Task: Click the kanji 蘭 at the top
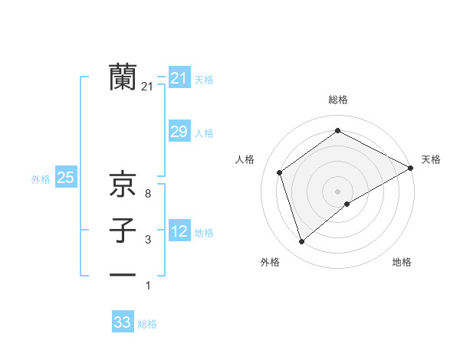pyautogui.click(x=123, y=77)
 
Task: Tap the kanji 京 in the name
pyautogui.click(x=123, y=184)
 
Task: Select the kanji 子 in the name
pyautogui.click(x=123, y=230)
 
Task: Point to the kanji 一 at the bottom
pyautogui.click(x=123, y=274)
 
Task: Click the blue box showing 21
pyautogui.click(x=179, y=78)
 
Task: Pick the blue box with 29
pyautogui.click(x=179, y=132)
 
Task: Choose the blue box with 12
pyautogui.click(x=179, y=231)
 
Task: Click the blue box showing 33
pyautogui.click(x=123, y=322)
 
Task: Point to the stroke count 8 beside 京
pyautogui.click(x=147, y=195)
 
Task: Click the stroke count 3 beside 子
pyautogui.click(x=147, y=241)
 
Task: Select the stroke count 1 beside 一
pyautogui.click(x=147, y=286)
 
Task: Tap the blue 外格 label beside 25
pyautogui.click(x=41, y=179)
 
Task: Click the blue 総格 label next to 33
pyautogui.click(x=147, y=324)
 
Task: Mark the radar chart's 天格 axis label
pyautogui.click(x=431, y=159)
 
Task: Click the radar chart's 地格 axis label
pyautogui.click(x=402, y=263)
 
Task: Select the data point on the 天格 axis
pyautogui.click(x=411, y=168)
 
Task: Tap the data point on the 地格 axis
pyautogui.click(x=347, y=204)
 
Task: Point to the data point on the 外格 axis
pyautogui.click(x=301, y=242)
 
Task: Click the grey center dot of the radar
pyautogui.click(x=337, y=191)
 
